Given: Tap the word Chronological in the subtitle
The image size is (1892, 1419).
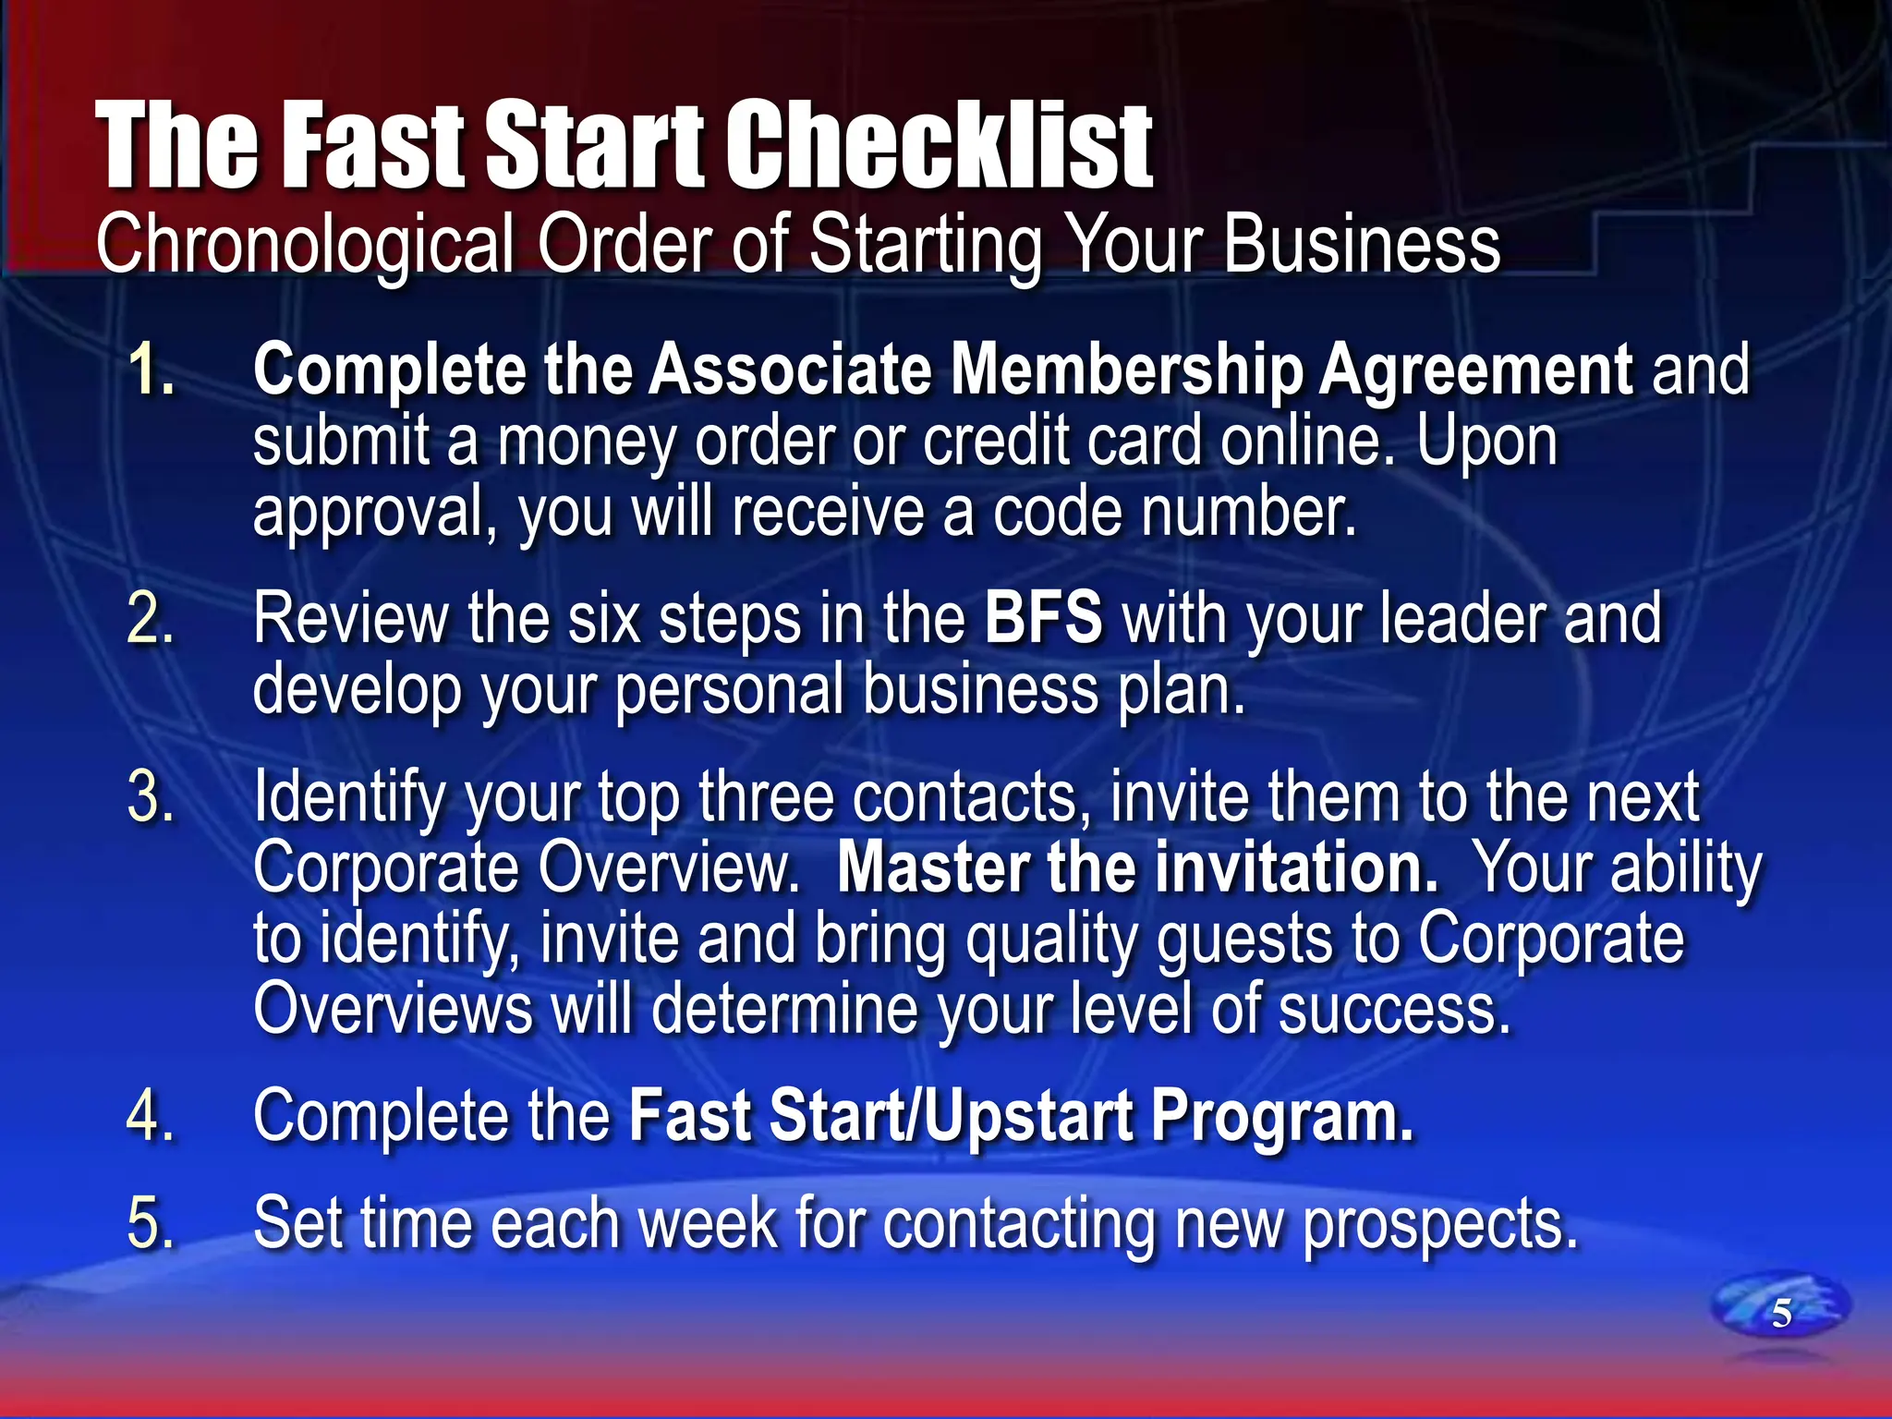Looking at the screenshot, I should pos(305,244).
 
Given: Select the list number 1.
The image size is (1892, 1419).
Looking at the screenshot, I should pos(151,370).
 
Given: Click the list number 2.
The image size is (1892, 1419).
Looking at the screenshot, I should pos(151,618).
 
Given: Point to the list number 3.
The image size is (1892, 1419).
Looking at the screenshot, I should pos(151,796).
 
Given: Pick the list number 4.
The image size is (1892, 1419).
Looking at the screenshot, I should pos(151,1116).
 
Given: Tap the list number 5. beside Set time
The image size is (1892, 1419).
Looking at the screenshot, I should pos(151,1223).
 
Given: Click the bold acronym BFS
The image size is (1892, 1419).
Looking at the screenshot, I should pos(1043,618).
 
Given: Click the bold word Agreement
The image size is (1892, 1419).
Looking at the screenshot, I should pos(1475,370).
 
